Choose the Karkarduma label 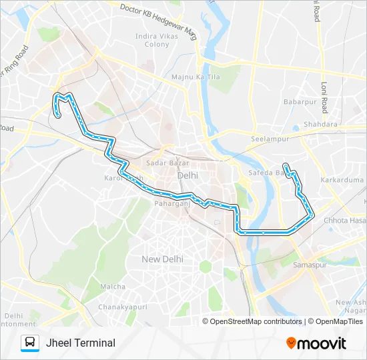(x=340, y=180)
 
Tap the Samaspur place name (x=309, y=265)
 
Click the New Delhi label (x=162, y=258)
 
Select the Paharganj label (x=172, y=203)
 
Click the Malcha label (x=113, y=287)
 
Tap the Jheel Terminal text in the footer (x=81, y=343)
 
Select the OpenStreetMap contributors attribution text (x=256, y=321)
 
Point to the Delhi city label (x=188, y=175)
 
